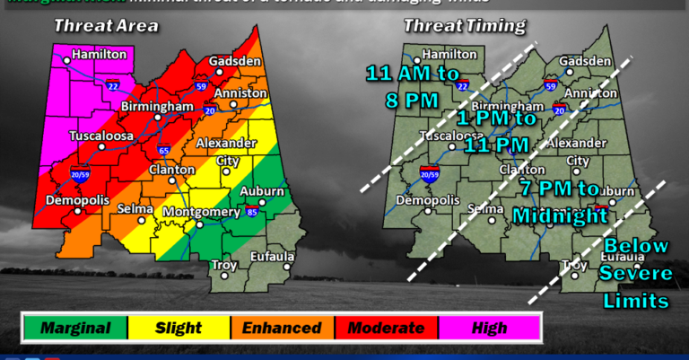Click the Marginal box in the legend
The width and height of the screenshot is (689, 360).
74,328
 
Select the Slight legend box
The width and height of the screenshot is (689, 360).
179,328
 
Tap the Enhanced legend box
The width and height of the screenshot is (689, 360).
282,328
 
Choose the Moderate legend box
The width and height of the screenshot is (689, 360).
386,328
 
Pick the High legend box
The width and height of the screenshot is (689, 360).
488,328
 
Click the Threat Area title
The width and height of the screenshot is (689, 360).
106,26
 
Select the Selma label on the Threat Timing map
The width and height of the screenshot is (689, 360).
489,208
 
